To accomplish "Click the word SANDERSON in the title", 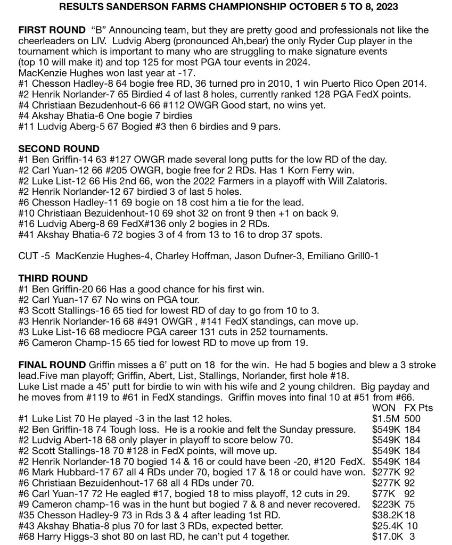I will tap(124, 8).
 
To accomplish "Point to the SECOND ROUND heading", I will tap(59, 148).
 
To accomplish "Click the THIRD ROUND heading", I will tap(53, 278).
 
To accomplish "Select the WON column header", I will tap(384, 408).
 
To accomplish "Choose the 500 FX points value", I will tap(412, 418).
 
